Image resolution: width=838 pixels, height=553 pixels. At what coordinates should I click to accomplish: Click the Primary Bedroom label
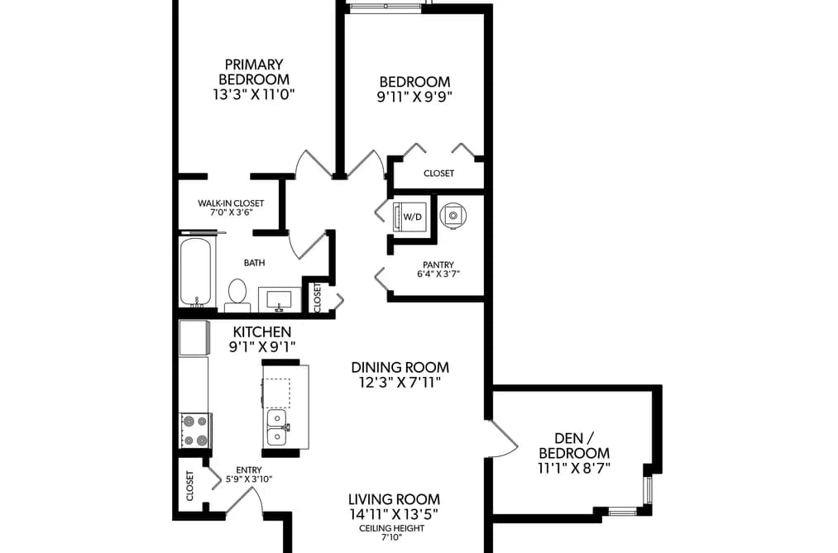click(x=254, y=72)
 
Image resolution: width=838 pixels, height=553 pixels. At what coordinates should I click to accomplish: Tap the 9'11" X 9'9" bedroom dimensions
click(x=414, y=98)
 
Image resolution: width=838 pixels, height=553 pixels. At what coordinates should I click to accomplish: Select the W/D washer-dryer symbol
click(x=411, y=217)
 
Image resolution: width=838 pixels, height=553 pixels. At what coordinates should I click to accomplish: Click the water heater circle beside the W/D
click(x=453, y=215)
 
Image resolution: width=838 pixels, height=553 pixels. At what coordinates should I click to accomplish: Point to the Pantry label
click(x=438, y=265)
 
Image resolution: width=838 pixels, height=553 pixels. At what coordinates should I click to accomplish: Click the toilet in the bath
click(x=237, y=295)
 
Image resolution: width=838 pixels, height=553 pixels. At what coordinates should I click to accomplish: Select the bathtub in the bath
click(x=195, y=273)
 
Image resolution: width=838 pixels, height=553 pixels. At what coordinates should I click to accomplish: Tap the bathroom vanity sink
click(x=279, y=299)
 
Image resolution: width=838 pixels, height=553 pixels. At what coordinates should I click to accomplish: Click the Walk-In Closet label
click(x=231, y=203)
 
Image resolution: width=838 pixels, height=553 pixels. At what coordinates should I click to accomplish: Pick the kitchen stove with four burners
click(x=195, y=431)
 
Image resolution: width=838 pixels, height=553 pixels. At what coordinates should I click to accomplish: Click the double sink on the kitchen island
click(x=277, y=427)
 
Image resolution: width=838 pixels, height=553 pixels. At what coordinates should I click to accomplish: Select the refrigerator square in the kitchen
click(x=194, y=337)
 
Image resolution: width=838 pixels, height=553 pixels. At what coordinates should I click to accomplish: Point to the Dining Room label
click(x=400, y=367)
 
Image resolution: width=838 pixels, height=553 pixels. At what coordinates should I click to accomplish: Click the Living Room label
click(x=394, y=499)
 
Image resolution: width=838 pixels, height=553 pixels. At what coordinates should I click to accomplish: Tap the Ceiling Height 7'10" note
click(x=392, y=532)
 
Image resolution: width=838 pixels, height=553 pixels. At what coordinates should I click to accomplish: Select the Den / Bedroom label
click(x=574, y=446)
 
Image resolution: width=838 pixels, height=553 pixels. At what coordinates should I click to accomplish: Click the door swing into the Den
click(x=505, y=439)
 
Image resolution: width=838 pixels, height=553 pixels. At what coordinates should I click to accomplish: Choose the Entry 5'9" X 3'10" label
click(x=249, y=474)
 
